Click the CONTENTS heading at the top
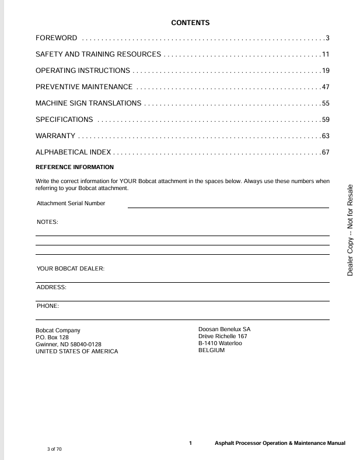tap(190, 23)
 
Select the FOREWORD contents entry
tap(57, 38)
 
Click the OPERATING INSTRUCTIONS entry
tap(83, 71)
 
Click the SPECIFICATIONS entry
tap(64, 120)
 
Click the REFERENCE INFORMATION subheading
tap(75, 167)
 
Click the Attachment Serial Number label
tap(71, 203)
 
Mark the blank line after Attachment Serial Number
tap(228, 207)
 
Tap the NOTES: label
tap(47, 222)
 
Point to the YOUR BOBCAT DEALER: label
tap(71, 269)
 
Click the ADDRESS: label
tap(52, 287)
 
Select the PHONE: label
tap(48, 306)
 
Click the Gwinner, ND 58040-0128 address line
tap(69, 344)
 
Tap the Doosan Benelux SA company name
tap(225, 329)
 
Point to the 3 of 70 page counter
tap(54, 450)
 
